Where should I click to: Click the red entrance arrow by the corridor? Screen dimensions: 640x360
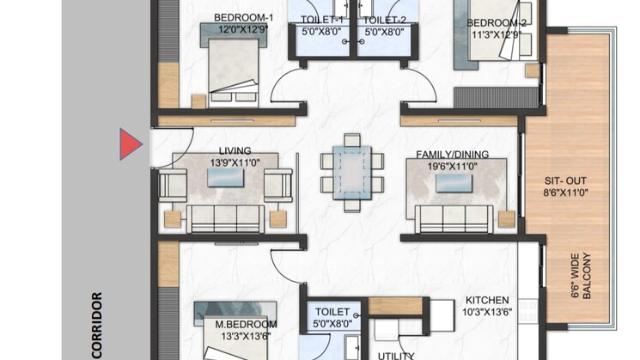tap(131, 144)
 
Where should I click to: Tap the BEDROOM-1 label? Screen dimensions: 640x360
tap(243, 17)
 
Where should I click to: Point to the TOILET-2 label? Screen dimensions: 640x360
tap(385, 20)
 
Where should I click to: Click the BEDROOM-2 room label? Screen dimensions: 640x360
tap(497, 23)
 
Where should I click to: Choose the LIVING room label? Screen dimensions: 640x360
tap(235, 151)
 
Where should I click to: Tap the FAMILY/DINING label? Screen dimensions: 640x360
tap(452, 155)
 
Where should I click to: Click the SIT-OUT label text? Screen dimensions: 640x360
tap(565, 180)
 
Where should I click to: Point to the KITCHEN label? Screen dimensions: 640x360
tap(487, 301)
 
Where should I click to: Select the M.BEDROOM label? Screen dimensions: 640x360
tap(246, 325)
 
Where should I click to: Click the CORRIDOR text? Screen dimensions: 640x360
tap(97, 326)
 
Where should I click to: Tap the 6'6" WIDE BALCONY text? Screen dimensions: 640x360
tap(581, 276)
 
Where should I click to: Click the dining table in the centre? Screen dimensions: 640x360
tap(352, 173)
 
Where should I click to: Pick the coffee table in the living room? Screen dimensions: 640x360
tap(225, 178)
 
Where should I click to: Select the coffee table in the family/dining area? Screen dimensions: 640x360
tap(454, 183)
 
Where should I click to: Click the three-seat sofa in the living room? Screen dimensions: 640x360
tap(225, 219)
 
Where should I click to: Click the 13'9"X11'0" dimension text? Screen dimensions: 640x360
tap(235, 162)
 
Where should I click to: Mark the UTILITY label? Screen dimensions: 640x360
tap(396, 356)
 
